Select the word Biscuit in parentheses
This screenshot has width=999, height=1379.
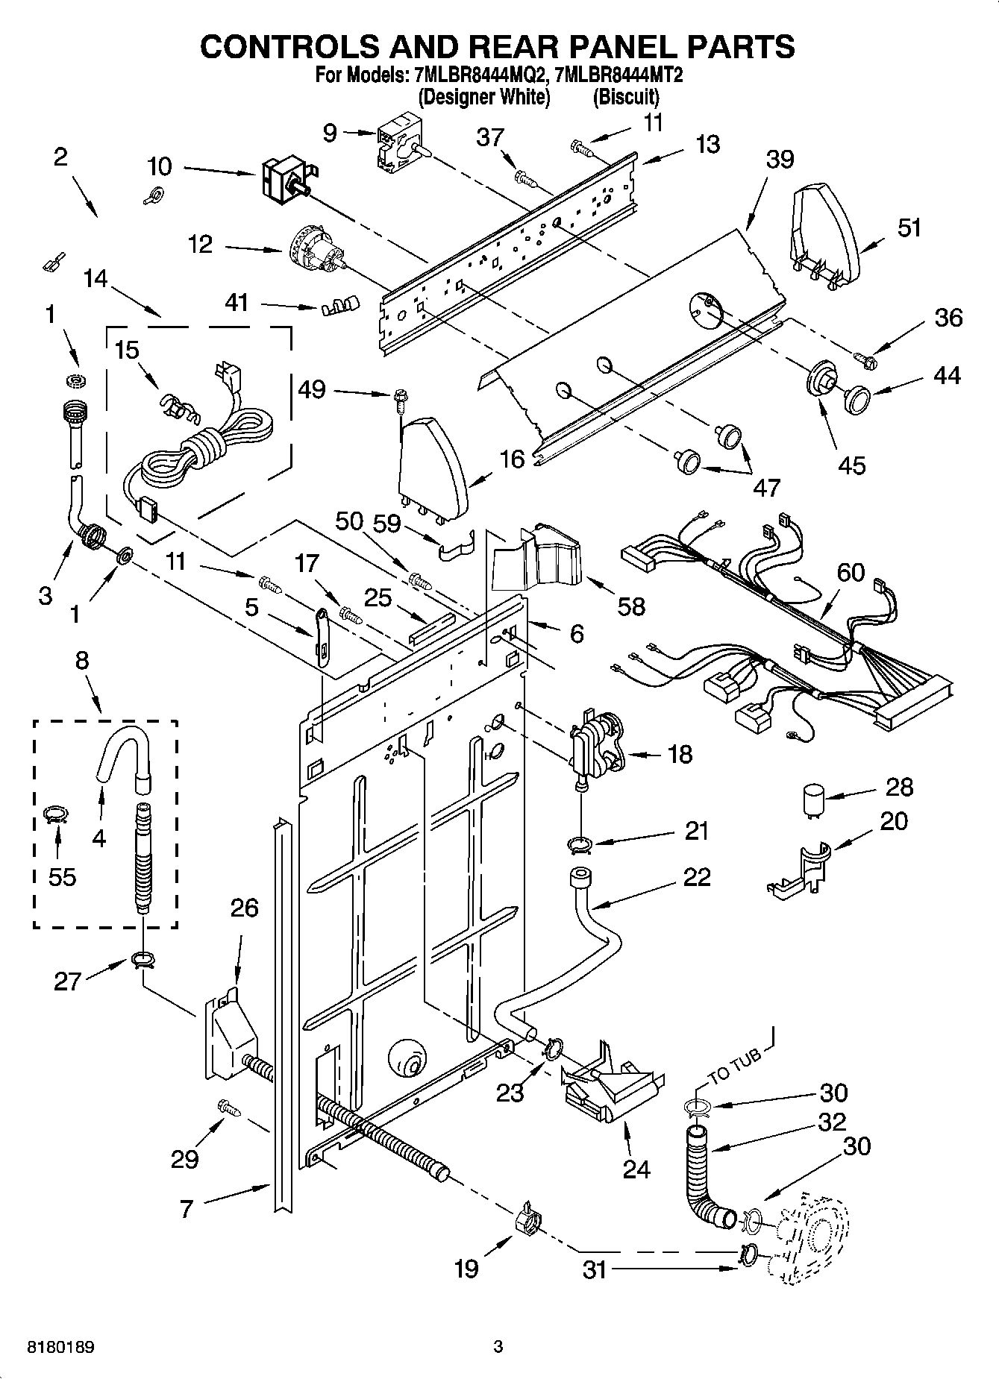tap(626, 97)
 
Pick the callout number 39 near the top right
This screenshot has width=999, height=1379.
tap(780, 160)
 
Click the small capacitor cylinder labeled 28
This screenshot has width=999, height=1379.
tap(812, 802)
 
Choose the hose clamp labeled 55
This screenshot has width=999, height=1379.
tap(56, 814)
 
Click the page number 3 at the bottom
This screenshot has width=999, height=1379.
tap(498, 1347)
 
